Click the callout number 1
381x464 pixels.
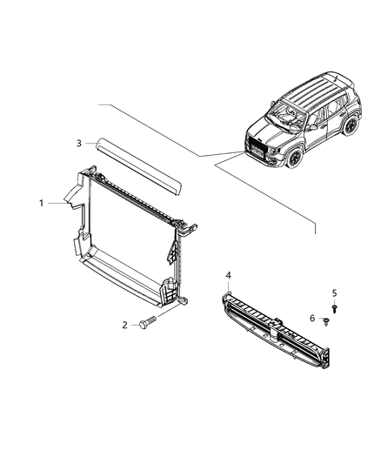(41, 203)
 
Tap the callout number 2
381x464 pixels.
(124, 325)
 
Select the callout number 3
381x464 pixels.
(78, 143)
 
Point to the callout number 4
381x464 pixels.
(229, 275)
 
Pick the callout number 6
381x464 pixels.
(313, 319)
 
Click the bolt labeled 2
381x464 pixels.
(146, 325)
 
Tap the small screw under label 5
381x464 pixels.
(336, 308)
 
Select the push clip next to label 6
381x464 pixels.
(324, 322)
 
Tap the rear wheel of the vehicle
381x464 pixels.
(351, 125)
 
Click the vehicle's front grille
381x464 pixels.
(258, 148)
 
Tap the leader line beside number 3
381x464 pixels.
(92, 143)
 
